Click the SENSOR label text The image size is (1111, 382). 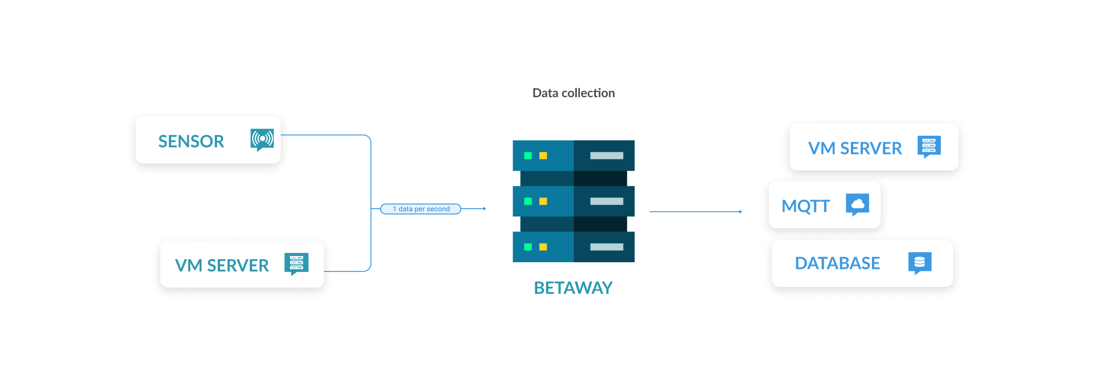191,141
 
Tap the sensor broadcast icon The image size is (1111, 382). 262,139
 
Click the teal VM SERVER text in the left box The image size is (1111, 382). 222,265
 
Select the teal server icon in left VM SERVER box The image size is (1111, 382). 297,263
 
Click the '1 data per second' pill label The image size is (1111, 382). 421,209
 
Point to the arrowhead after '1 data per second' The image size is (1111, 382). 484,209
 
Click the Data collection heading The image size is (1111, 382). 573,93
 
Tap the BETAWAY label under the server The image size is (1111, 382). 573,288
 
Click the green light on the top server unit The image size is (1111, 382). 527,156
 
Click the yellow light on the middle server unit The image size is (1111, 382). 543,202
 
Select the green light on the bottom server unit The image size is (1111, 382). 527,247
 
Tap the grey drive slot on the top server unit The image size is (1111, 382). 607,156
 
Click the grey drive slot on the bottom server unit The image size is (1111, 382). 607,247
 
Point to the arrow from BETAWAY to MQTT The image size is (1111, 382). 695,211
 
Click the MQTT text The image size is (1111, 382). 805,206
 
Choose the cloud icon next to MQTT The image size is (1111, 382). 858,204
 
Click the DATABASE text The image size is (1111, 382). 837,263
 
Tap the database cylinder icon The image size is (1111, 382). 920,262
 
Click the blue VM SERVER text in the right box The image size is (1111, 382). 854,149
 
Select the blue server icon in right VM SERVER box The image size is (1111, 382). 929,146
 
